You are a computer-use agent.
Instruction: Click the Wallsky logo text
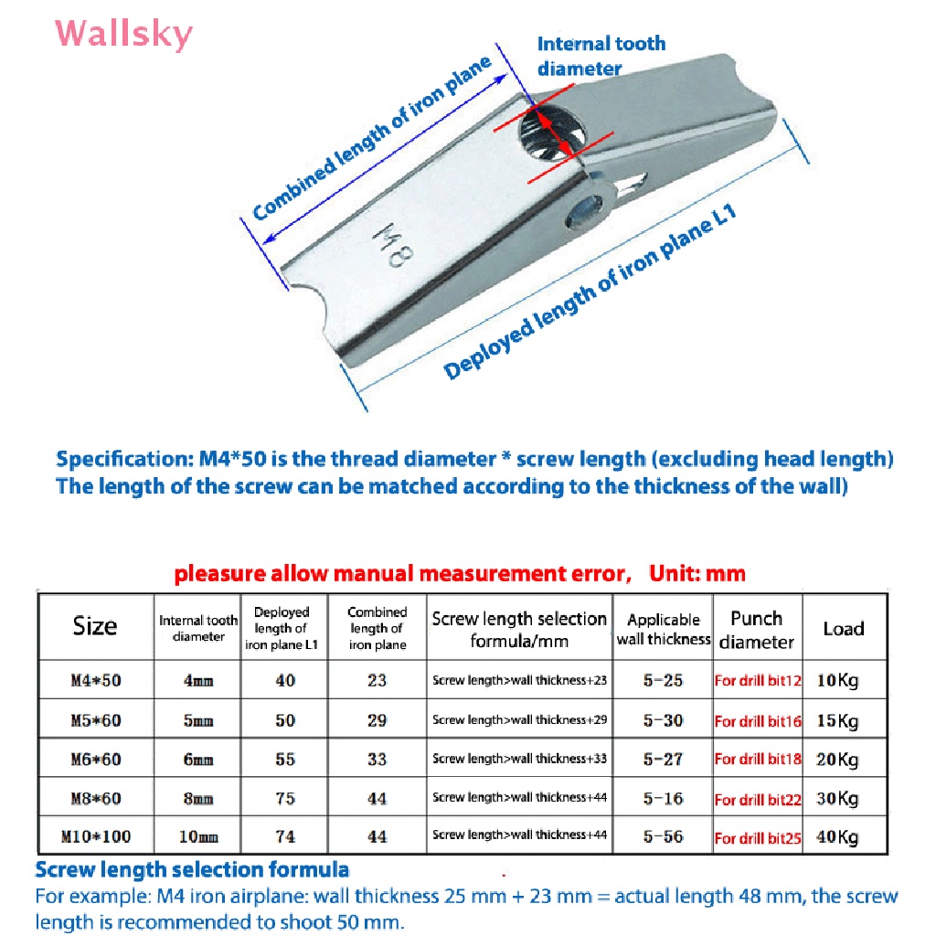(124, 34)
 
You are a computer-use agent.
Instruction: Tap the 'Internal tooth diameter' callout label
(601, 56)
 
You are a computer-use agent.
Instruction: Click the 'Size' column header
(95, 626)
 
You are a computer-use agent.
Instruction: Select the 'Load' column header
(843, 628)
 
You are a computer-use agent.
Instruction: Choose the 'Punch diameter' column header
(756, 630)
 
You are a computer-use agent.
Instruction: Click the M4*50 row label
(95, 680)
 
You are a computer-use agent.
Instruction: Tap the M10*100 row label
(95, 836)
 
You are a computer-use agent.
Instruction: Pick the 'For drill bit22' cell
(758, 800)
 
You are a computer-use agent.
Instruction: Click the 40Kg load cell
(837, 837)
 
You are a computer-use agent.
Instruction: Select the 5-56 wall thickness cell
(663, 836)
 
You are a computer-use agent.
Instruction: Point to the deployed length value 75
(285, 798)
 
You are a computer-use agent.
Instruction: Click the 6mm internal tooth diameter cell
(198, 760)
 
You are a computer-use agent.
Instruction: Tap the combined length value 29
(377, 720)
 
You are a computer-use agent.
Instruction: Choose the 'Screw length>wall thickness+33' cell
(519, 759)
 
